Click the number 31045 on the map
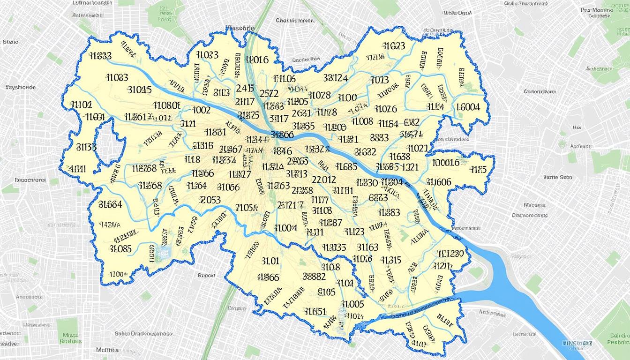(139, 89)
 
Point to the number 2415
(245, 88)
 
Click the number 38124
(335, 78)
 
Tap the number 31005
(353, 304)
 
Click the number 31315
(390, 260)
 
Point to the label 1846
(283, 151)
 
